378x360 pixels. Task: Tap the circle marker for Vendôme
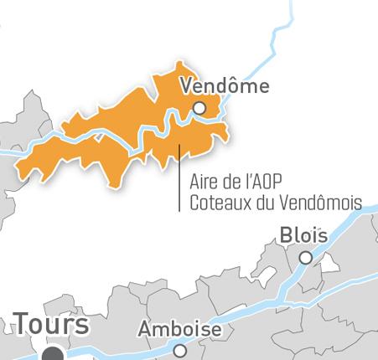click(199, 108)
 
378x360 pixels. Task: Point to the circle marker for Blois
click(306, 258)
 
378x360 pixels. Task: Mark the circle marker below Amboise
click(179, 351)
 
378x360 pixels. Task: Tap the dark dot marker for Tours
click(54, 355)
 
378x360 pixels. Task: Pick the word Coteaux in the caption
click(220, 203)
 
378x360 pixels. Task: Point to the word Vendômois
click(323, 203)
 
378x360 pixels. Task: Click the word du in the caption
click(266, 203)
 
